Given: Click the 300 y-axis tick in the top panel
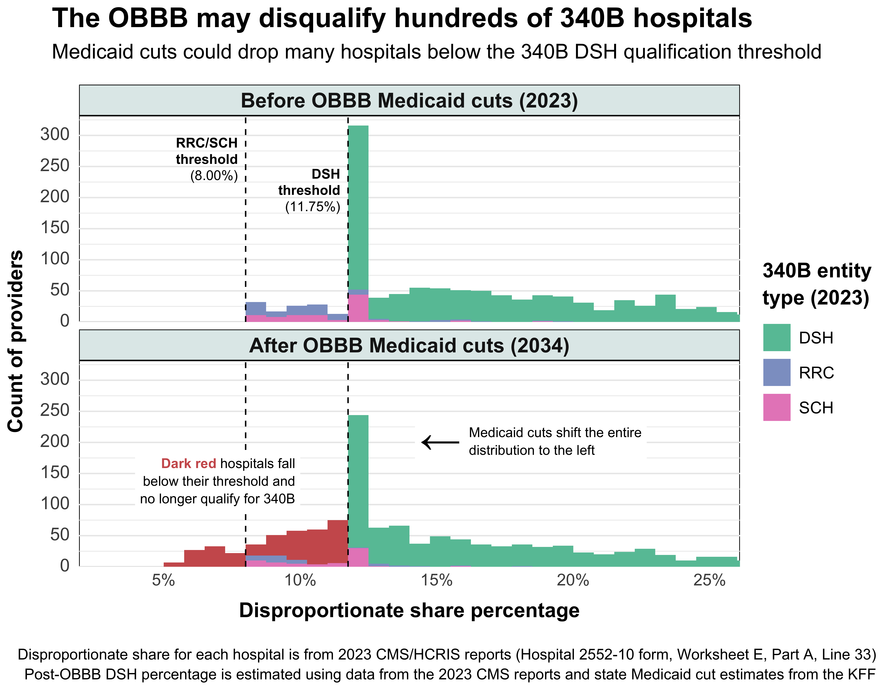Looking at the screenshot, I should coord(55,134).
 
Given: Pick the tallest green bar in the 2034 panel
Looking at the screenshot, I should coord(358,479).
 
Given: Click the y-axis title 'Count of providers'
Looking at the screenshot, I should coord(15,341).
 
